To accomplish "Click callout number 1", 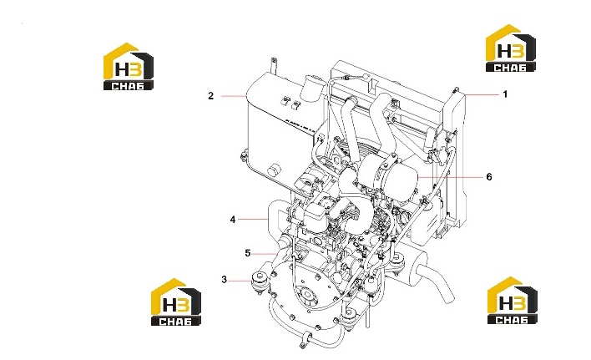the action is (505, 94).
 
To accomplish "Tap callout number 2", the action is (210, 96).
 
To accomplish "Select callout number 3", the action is (225, 280).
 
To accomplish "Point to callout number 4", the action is (233, 220).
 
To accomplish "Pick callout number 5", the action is (248, 253).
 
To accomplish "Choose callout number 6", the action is (489, 177).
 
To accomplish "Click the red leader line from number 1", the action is (482, 94).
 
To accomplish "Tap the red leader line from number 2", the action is (233, 97).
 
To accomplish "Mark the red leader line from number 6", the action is (451, 177).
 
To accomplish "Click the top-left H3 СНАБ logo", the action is (129, 66).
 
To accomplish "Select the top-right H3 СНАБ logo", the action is (511, 48).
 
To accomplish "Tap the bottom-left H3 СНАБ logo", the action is (176, 302).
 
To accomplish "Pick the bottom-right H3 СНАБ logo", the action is (513, 300).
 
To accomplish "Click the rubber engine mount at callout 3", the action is (260, 281).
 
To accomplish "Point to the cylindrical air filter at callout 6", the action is (389, 175).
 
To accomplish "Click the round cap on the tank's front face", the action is (274, 170).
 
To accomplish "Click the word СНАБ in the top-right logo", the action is (510, 68).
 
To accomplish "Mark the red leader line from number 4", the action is (253, 219).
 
